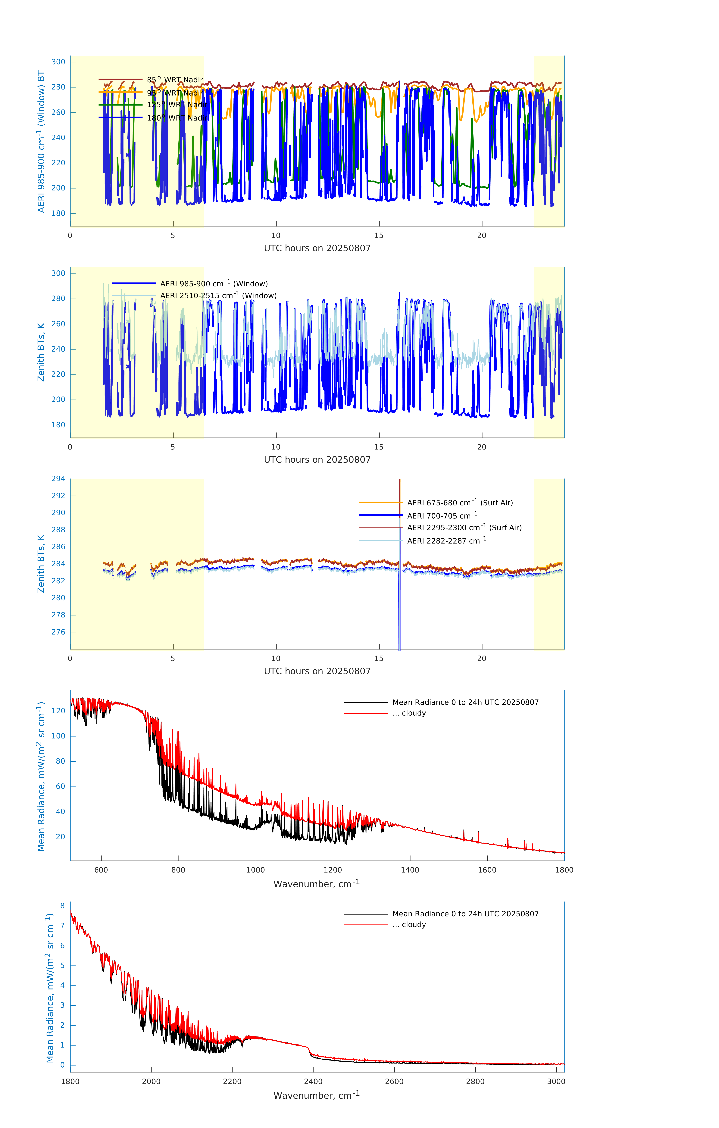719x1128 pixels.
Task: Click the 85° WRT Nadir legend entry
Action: tap(175, 80)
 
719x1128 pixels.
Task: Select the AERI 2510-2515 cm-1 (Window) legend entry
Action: tap(218, 296)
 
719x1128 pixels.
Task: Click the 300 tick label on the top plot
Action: tap(58, 62)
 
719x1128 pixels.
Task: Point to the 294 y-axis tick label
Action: tap(58, 479)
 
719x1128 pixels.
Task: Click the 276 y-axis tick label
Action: tap(58, 632)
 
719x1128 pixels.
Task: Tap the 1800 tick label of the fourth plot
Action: tap(564, 870)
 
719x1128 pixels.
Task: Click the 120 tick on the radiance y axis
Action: tap(58, 711)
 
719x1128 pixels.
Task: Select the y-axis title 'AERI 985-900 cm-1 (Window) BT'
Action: tap(41, 141)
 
